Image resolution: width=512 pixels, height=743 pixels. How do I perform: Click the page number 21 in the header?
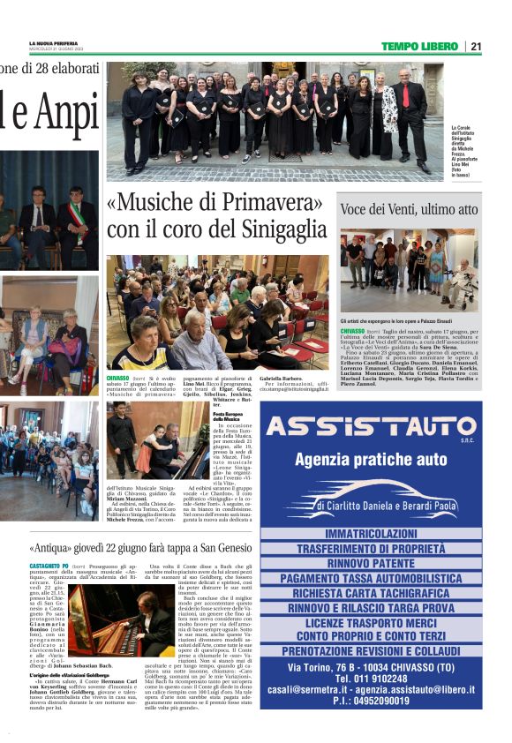[476, 47]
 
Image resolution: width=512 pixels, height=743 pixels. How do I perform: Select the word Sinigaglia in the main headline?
[275, 230]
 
